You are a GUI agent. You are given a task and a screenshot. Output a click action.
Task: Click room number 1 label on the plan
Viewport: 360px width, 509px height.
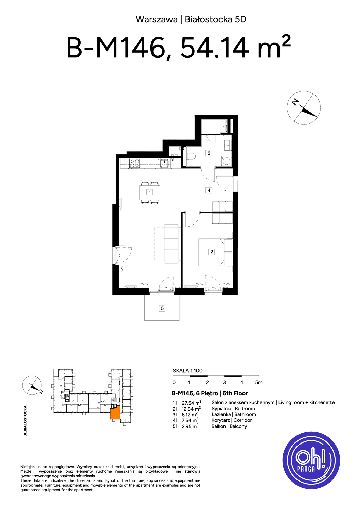tap(149, 192)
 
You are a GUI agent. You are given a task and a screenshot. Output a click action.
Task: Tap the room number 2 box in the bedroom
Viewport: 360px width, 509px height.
tap(212, 252)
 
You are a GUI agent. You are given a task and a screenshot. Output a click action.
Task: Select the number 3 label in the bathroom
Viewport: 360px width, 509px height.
tap(209, 153)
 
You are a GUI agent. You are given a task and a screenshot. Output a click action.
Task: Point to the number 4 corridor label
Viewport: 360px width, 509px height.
tap(209, 190)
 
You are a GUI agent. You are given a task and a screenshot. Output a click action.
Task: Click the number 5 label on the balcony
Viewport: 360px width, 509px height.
tap(162, 308)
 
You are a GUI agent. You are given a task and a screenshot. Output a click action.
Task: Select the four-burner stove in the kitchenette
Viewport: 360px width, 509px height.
tap(134, 163)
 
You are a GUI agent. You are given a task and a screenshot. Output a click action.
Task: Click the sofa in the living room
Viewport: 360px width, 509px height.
tap(171, 244)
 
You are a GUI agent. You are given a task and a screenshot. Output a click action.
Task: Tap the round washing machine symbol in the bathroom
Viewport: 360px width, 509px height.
tap(227, 161)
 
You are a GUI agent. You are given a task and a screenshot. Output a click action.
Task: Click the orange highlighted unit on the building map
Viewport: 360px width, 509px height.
tap(115, 412)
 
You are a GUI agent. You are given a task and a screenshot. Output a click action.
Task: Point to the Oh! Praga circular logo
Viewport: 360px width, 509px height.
tap(311, 460)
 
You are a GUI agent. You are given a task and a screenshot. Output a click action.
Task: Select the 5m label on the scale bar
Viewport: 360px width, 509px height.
tap(259, 383)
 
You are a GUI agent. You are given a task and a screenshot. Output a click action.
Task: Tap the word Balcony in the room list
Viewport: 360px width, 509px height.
tap(238, 427)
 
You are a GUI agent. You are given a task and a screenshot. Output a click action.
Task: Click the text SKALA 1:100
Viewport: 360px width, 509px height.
tap(187, 371)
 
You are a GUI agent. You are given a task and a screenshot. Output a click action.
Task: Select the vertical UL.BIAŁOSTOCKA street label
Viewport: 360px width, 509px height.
tap(25, 421)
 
